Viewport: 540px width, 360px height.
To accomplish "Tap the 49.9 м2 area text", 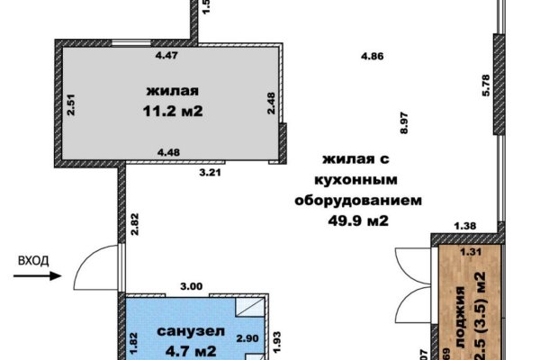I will click(x=357, y=217).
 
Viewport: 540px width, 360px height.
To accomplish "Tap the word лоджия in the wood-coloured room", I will click(x=460, y=310).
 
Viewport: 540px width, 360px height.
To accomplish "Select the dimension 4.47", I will click(x=166, y=56).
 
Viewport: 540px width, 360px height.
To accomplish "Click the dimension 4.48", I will click(x=168, y=151).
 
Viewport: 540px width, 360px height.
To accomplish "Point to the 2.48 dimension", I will click(x=270, y=103).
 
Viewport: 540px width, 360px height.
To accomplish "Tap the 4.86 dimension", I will click(x=372, y=56).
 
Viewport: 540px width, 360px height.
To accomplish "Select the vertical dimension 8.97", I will click(x=404, y=122).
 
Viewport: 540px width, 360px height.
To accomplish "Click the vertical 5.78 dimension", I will click(x=485, y=84).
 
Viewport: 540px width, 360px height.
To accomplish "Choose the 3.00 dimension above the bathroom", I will click(x=192, y=285).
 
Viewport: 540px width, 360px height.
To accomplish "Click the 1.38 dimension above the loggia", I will click(x=464, y=225).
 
